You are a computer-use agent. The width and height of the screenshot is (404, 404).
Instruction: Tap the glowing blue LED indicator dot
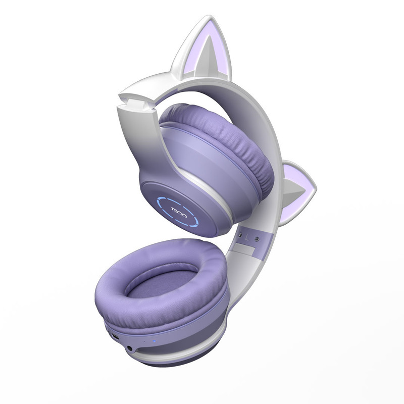pyautogui.click(x=154, y=342)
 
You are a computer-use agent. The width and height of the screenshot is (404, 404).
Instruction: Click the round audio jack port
pyautogui.click(x=130, y=349)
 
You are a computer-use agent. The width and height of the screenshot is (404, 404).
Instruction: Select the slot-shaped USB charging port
pyautogui.click(x=115, y=336)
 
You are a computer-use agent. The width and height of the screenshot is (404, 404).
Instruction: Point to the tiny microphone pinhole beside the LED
pyautogui.click(x=144, y=342)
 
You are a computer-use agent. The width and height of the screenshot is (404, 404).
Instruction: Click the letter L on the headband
pyautogui.click(x=247, y=237)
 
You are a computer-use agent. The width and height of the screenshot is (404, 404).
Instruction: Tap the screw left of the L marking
pyautogui.click(x=240, y=235)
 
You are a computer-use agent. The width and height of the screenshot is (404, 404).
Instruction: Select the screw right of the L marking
pyautogui.click(x=257, y=239)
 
